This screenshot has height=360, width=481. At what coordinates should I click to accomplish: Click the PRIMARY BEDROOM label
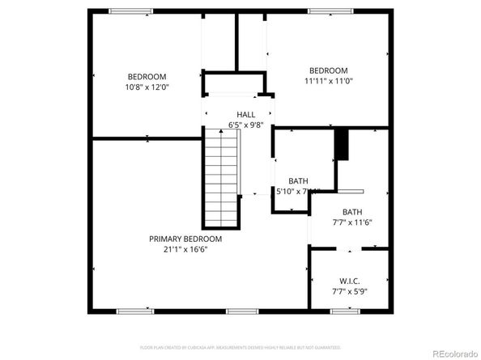point(185,239)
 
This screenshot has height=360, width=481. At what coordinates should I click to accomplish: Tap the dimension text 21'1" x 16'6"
point(185,249)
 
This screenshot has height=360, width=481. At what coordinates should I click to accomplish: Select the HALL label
point(246,115)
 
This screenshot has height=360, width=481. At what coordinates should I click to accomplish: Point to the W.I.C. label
point(350,281)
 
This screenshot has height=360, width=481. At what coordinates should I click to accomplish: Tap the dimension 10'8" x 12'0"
point(147,87)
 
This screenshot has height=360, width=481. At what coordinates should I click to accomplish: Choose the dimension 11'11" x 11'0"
point(328,81)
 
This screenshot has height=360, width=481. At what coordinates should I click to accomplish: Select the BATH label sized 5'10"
point(299,181)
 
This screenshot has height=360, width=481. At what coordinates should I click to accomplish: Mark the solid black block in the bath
point(343,145)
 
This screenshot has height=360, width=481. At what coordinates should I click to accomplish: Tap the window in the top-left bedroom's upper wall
point(130,11)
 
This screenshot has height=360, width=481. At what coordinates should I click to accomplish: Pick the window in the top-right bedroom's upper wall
point(330,11)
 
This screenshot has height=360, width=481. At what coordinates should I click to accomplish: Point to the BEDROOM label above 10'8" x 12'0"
point(147,76)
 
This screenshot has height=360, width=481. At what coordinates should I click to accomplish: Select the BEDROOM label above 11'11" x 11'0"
point(328,70)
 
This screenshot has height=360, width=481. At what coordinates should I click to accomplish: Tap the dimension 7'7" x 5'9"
point(350,291)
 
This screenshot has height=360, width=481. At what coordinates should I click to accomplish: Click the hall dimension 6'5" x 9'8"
point(246,125)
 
